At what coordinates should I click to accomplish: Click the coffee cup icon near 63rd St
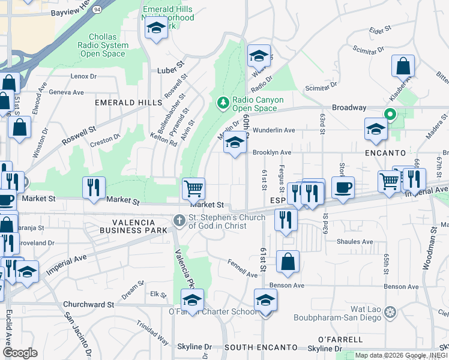pyautogui.click(x=343, y=187)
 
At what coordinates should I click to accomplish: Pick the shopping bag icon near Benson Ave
pyautogui.click(x=288, y=261)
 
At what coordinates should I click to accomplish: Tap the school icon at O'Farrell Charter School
pyautogui.click(x=193, y=299)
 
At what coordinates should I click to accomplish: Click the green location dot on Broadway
pyautogui.click(x=389, y=113)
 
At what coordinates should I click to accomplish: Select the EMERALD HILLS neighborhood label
pyautogui.click(x=120, y=103)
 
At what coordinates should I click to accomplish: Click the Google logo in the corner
pyautogui.click(x=20, y=353)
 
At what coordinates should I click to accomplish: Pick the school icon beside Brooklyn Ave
pyautogui.click(x=235, y=143)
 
